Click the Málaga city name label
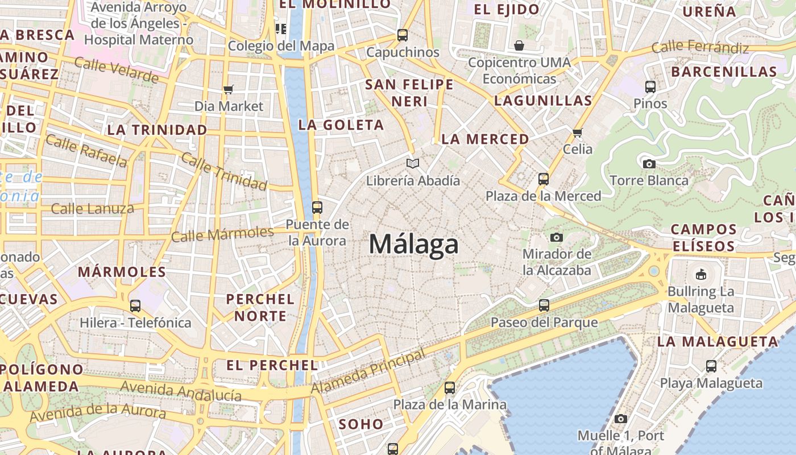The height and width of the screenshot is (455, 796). [413, 244]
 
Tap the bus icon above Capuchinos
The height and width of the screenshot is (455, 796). [403, 35]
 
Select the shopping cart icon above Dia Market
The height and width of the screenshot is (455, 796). [229, 89]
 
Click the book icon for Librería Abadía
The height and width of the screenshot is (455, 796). [413, 164]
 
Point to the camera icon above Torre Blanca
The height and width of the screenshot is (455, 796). [649, 164]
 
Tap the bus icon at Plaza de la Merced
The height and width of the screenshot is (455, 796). [544, 179]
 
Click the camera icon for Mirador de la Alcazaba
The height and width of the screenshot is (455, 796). [557, 237]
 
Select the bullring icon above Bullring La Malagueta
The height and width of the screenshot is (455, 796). [701, 274]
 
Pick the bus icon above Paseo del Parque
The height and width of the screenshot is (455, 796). [544, 305]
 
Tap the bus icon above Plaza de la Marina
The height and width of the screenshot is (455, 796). [450, 388]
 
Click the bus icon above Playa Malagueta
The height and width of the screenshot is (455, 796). [711, 366]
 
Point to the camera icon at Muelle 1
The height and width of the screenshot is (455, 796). [621, 419]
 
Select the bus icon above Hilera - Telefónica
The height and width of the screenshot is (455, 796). [135, 306]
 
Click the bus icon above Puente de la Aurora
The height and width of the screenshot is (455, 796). [317, 208]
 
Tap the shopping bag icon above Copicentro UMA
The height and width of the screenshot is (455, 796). [519, 45]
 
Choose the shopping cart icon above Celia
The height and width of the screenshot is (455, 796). [578, 133]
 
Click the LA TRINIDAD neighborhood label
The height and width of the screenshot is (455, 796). [157, 130]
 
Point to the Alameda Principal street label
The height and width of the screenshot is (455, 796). [368, 373]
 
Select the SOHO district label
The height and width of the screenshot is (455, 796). [361, 424]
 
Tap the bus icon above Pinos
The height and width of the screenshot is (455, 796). [650, 87]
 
